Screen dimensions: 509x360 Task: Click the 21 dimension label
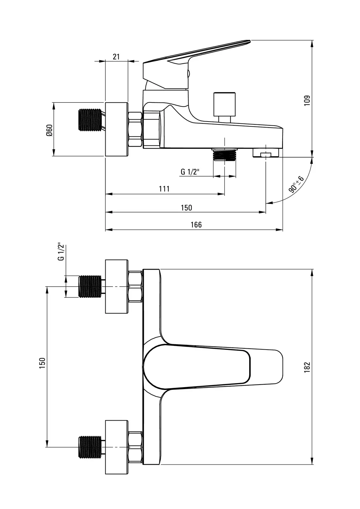tap(116, 57)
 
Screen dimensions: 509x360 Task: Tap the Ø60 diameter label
tap(49, 130)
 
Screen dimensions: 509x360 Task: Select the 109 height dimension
tap(307, 101)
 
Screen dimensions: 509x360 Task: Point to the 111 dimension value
tap(164, 189)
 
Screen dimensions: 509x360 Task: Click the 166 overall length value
tap(196, 225)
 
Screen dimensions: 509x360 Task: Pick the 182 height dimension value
tap(307, 367)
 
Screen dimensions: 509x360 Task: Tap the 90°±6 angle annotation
tap(296, 184)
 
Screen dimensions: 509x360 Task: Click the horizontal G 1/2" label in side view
tap(190, 172)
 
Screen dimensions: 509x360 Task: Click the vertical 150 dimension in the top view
tap(42, 363)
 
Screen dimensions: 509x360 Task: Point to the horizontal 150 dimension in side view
tap(187, 208)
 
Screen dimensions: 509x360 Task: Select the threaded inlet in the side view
tap(90, 120)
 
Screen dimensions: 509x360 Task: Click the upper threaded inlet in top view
tap(90, 287)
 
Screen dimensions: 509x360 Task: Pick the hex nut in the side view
tap(135, 129)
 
